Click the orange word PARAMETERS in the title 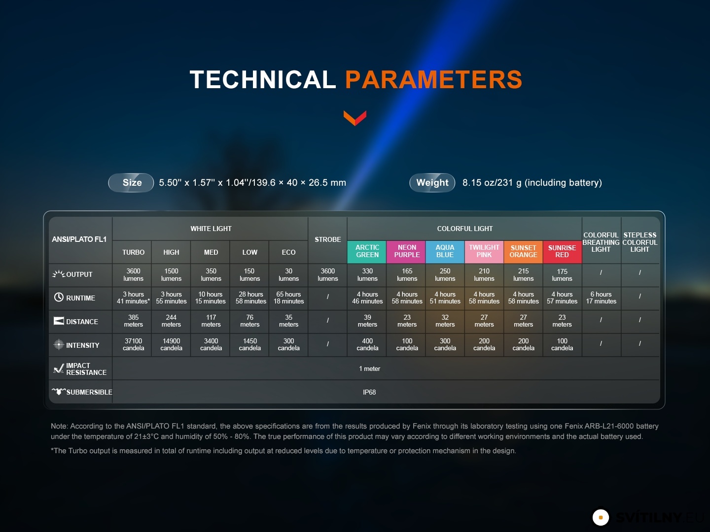coord(434,79)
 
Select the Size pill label coord(131,183)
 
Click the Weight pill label coord(432,183)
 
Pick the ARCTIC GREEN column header coord(367,251)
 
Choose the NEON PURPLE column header coord(406,251)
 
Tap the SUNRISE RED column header coord(562,251)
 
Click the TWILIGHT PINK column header coord(484,251)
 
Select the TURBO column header coord(133,252)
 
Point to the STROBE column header coord(328,240)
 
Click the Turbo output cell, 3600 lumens coord(133,275)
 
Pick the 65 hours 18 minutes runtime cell coord(288,298)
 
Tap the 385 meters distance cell coord(133,321)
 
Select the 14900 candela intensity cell coord(171,344)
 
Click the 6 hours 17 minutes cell coord(601,298)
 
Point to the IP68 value coord(369,392)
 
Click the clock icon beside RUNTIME coord(59,297)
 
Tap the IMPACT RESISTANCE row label coord(86,369)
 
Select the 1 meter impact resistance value coord(369,368)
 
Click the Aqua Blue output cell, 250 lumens coord(445,275)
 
